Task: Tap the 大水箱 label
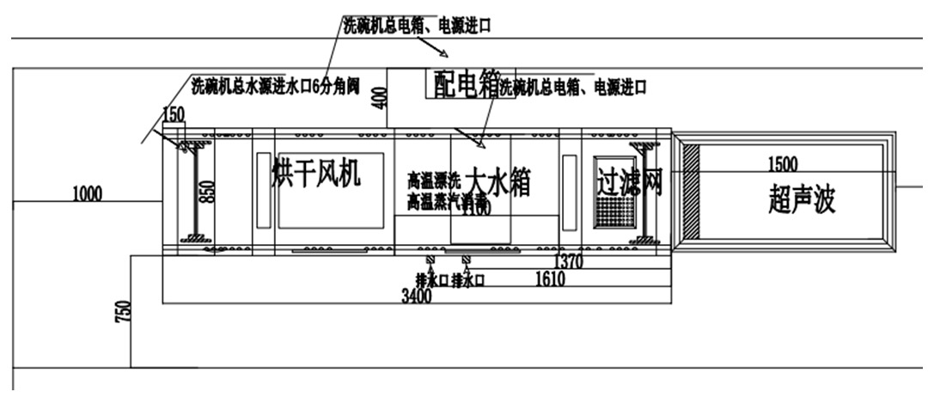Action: (498, 182)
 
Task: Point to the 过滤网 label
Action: (629, 180)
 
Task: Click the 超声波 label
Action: (801, 199)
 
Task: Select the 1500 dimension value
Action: (782, 164)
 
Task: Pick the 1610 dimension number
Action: (551, 279)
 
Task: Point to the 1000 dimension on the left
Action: (87, 193)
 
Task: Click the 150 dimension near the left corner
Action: (174, 114)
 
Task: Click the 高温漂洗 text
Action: (435, 181)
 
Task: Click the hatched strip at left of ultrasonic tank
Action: (689, 191)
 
